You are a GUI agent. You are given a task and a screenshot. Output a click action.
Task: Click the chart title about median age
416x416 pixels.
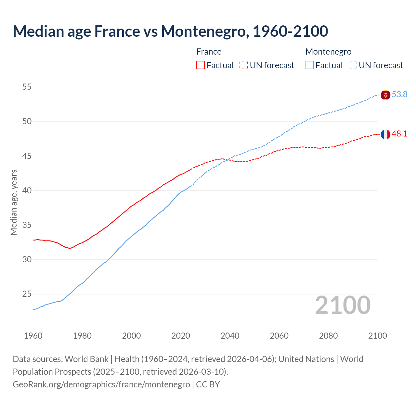pos(170,32)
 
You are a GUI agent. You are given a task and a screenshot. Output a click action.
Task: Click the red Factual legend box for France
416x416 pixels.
pos(201,65)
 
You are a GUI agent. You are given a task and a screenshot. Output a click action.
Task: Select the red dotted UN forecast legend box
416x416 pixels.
pos(244,65)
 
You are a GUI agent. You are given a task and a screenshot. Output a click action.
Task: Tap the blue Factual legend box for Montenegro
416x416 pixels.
pos(310,65)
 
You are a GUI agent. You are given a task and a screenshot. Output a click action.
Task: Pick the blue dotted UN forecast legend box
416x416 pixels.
pos(353,65)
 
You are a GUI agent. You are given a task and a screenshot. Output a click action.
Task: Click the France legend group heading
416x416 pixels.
pos(209,52)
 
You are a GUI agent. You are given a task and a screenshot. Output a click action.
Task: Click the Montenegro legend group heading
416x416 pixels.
pos(328,52)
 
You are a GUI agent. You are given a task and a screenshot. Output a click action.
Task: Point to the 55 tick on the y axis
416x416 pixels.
pos(27,87)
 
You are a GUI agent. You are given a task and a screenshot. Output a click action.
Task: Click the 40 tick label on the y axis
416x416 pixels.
pos(27,190)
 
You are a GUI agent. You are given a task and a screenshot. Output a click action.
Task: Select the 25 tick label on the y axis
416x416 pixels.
pos(27,294)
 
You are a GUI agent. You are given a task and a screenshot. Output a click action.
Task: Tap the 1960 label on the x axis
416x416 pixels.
pos(33,336)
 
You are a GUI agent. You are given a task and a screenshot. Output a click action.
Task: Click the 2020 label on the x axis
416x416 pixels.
pos(181,336)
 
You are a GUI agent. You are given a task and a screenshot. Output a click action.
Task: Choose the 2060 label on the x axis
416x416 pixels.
pos(279,336)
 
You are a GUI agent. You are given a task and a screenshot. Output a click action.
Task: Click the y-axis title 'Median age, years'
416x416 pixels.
pos(14,202)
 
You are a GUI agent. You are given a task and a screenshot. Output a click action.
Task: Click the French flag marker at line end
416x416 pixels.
pos(385,134)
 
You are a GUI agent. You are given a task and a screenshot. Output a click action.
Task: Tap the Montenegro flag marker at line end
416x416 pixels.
pos(385,95)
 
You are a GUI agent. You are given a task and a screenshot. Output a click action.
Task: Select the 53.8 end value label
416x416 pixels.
pos(399,95)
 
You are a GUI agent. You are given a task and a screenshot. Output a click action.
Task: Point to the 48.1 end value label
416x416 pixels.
pos(399,134)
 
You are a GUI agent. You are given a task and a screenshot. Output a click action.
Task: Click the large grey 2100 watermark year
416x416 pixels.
pos(343,305)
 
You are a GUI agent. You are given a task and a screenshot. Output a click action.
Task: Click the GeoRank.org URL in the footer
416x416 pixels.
pos(101,384)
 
